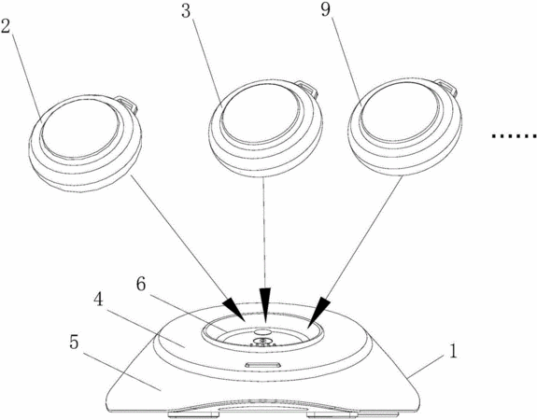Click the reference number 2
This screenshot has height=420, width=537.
pos(7,26)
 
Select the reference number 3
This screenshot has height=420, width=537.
pos(186,11)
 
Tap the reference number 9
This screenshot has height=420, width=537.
pos(325,9)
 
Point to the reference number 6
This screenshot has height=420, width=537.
pos(141,284)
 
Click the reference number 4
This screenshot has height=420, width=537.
pos(98,301)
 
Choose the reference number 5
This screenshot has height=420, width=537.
pos(74,342)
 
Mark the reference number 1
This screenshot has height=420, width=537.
pos(453,352)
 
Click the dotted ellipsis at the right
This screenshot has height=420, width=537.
pos(514,136)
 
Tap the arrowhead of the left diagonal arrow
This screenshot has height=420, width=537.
pos(234,310)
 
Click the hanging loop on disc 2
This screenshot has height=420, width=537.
pos(127,104)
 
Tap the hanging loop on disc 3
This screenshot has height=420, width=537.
pos(306,90)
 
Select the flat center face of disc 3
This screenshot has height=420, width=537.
pos(261,113)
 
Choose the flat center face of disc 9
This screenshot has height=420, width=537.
pos(400,112)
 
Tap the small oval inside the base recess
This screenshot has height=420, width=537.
pos(262,332)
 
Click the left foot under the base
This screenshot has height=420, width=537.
pos(193,414)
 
